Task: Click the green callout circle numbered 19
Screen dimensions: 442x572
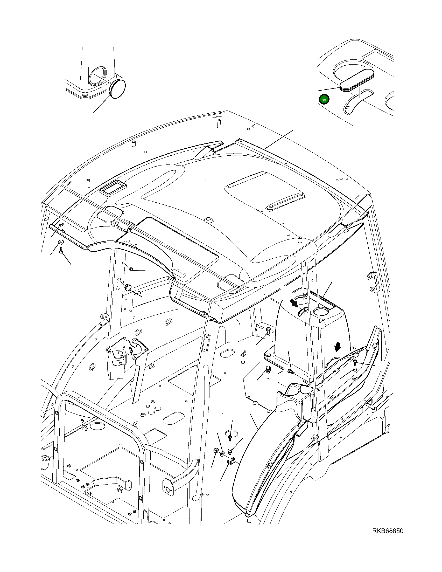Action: click(324, 100)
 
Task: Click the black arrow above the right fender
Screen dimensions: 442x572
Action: click(338, 347)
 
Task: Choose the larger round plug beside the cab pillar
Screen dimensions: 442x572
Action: click(128, 287)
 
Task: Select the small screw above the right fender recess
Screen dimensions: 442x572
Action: click(355, 362)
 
